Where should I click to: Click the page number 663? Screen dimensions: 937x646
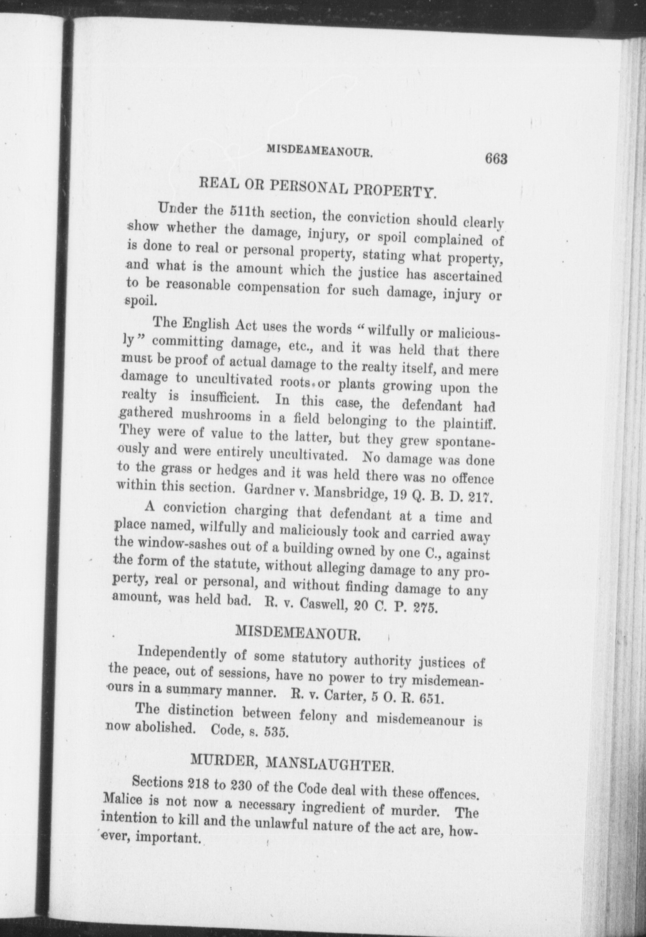click(496, 159)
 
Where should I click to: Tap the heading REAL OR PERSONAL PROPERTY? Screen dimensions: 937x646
click(317, 188)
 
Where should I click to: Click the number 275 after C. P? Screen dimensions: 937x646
click(424, 607)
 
